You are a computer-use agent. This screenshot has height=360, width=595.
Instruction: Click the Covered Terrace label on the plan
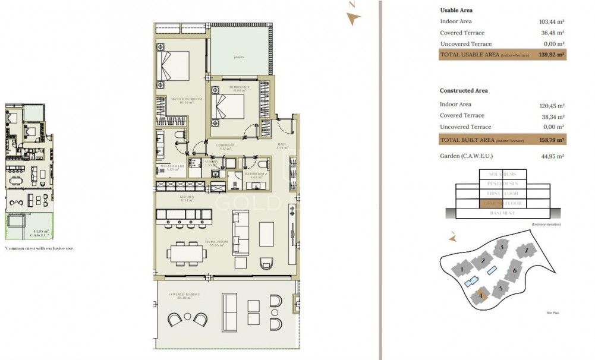tap(184, 295)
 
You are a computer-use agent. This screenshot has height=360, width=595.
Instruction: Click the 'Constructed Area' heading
tap(464, 90)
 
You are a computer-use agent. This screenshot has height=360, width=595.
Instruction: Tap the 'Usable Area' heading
tap(456, 10)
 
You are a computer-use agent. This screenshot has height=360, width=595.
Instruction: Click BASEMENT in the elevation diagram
tap(502, 213)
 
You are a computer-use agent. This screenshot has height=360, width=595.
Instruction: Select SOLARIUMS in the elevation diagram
tap(502, 174)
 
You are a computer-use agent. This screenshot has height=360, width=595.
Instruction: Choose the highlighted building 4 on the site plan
tap(480, 295)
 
